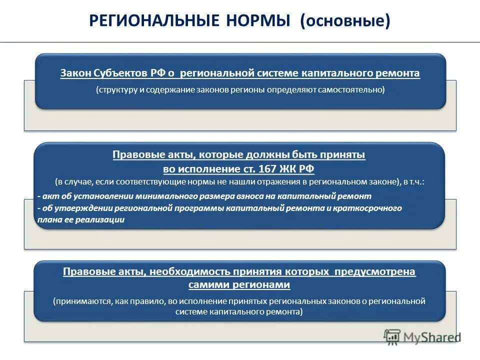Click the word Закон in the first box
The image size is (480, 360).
coord(75,73)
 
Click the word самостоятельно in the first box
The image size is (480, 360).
coord(350,90)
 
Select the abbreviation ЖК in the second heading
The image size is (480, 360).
coord(290,168)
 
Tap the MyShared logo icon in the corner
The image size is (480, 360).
coord(392,336)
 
